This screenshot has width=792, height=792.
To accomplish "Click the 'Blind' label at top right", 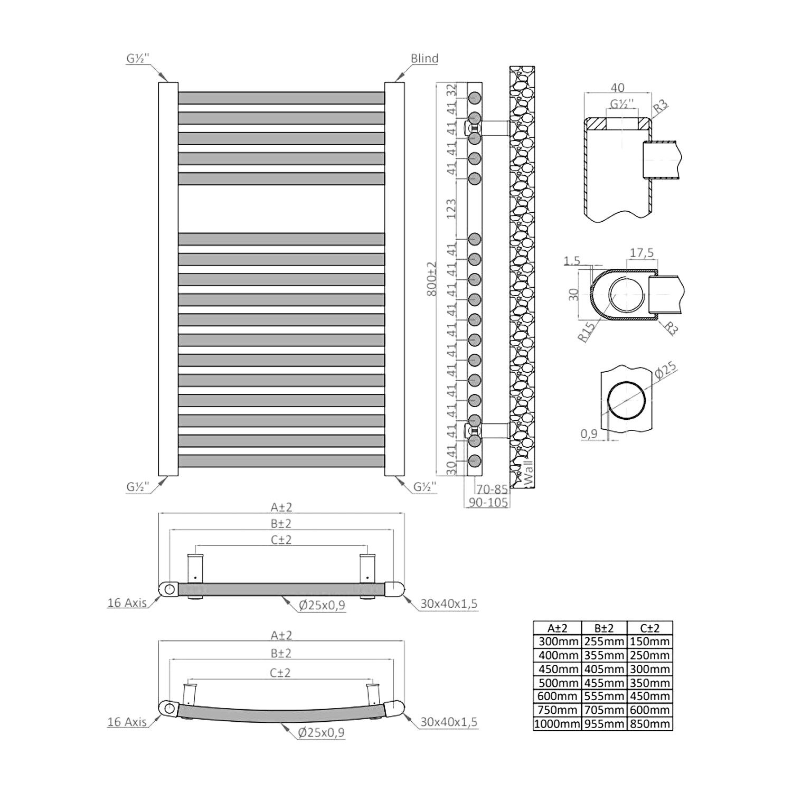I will [425, 59].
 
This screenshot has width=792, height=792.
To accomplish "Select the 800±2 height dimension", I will [432, 278].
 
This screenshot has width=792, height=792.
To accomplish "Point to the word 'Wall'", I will [528, 472].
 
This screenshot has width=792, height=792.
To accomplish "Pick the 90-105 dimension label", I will [488, 503].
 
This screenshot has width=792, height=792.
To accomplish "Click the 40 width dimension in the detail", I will [617, 88].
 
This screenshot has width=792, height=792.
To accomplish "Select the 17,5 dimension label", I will [642, 253].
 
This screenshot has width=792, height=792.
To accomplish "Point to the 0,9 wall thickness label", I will [589, 434].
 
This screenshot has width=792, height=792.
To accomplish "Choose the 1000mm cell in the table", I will [557, 724].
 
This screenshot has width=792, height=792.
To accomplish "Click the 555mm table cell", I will [604, 696].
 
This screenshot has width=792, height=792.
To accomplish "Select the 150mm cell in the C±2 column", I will [650, 642].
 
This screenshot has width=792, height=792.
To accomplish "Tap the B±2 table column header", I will [604, 628].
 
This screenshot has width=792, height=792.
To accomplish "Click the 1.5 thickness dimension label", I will [572, 261].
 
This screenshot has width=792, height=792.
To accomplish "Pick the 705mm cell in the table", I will [604, 710].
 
